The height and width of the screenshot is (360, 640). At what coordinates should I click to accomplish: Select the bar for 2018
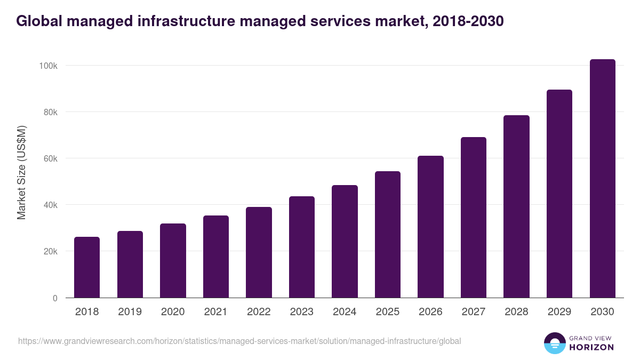tap(87, 267)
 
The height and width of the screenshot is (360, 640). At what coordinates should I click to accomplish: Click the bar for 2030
tap(602, 179)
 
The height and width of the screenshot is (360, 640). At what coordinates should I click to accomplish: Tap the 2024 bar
tap(345, 242)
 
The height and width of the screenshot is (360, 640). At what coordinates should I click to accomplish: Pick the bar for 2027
tap(474, 218)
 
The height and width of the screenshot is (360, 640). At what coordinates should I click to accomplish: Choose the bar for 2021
tap(215, 257)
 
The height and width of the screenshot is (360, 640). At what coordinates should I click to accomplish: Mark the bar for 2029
tap(559, 194)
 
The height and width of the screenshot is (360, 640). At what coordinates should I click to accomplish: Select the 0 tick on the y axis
tap(55, 298)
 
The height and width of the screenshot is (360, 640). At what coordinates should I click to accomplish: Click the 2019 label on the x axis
tap(130, 312)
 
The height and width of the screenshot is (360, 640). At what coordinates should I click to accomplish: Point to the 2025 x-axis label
tap(387, 312)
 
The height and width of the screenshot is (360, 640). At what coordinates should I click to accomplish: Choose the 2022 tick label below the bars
tap(259, 312)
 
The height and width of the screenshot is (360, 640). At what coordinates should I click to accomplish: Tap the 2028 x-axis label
tap(516, 312)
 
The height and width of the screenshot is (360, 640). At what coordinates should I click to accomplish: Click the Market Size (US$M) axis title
tap(21, 172)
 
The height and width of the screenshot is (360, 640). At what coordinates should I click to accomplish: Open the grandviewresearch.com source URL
tap(239, 341)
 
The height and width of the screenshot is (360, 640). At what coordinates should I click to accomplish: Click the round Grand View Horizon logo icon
tap(554, 343)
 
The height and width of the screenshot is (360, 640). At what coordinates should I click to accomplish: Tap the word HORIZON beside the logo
tap(591, 347)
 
